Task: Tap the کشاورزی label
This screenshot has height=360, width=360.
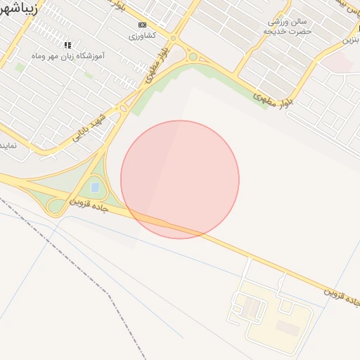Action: (x=143, y=34)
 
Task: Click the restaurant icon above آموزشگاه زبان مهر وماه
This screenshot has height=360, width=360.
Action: (x=67, y=45)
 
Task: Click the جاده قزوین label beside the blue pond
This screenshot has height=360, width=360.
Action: (x=89, y=205)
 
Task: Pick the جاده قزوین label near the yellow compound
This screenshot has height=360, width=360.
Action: (x=342, y=295)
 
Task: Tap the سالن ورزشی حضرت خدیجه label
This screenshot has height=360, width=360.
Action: (x=285, y=27)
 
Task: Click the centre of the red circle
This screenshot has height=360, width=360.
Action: (x=180, y=180)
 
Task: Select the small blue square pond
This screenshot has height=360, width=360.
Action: (x=95, y=188)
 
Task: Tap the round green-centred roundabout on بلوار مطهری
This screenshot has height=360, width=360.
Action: (x=193, y=57)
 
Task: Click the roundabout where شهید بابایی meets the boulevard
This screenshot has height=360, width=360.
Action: (x=123, y=108)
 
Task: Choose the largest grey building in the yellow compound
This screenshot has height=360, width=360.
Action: (x=286, y=326)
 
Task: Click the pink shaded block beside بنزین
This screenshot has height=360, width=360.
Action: (x=337, y=63)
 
